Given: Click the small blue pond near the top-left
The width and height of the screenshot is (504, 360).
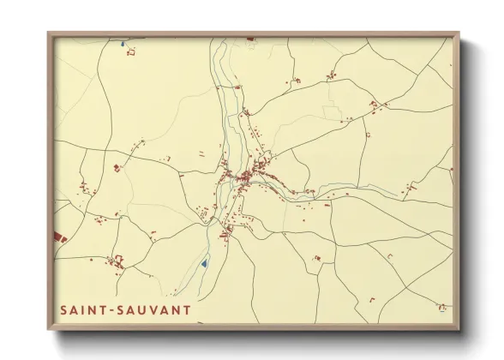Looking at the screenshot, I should (x=123, y=43).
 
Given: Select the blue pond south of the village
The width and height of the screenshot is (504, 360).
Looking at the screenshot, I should (x=204, y=263).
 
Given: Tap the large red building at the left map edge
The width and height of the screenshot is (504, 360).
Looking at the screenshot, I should (x=58, y=235).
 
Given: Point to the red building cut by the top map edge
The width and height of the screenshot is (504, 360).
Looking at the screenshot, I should (x=250, y=39).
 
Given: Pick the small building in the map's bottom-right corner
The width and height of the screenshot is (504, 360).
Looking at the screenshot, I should (x=441, y=307).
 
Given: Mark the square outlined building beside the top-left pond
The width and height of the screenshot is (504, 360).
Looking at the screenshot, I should (x=131, y=52).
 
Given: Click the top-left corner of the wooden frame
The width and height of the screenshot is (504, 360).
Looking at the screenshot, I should (x=49, y=33).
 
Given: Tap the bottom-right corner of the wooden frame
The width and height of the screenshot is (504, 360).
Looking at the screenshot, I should (x=459, y=329).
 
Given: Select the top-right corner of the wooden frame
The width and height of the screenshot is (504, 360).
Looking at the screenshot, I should (x=459, y=33).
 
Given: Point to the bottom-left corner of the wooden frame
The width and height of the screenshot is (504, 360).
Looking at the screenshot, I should (x=49, y=329).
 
